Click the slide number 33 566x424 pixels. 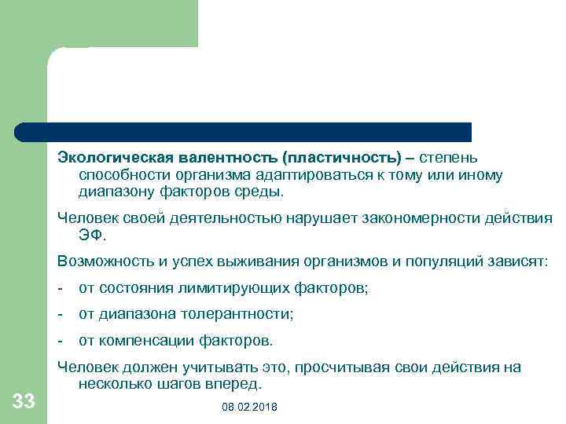(x=24, y=402)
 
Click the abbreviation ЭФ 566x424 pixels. (x=91, y=234)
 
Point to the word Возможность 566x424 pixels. (x=101, y=261)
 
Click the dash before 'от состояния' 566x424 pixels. (x=61, y=288)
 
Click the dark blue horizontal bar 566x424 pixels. (x=244, y=131)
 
